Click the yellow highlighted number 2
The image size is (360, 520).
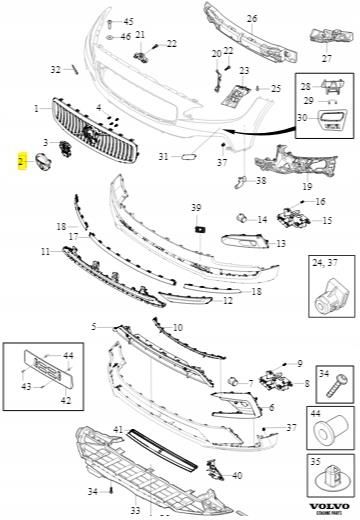(21, 160)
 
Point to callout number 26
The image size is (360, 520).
(251, 18)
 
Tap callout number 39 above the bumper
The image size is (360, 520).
(196, 207)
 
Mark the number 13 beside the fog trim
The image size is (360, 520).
(281, 243)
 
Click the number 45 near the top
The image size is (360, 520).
(127, 21)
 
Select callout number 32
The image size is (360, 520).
(55, 69)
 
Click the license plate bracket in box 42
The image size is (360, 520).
(39, 366)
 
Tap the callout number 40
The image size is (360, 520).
(236, 475)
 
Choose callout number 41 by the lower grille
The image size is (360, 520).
(118, 429)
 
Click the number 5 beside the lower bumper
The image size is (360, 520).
(94, 327)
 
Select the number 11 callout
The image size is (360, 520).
(45, 252)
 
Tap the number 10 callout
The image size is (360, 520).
(178, 328)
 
